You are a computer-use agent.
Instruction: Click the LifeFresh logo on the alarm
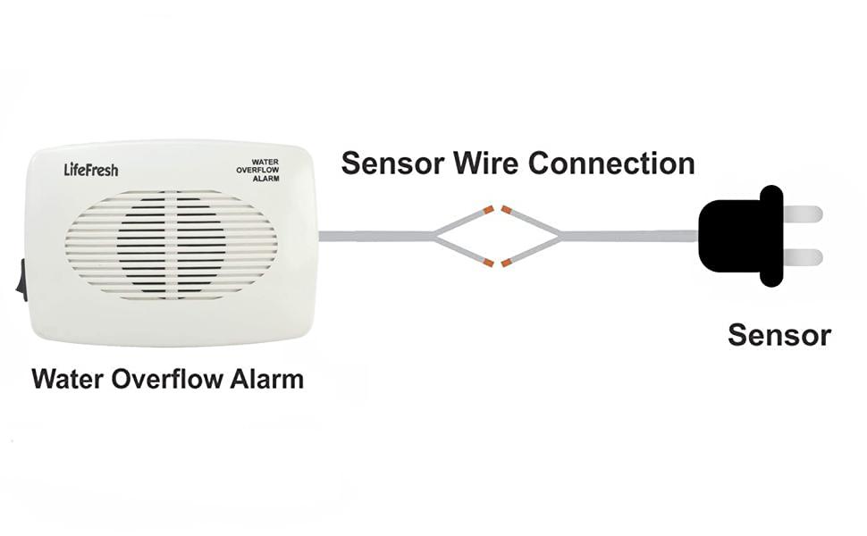click(x=90, y=169)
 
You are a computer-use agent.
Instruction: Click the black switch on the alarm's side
click(x=21, y=278)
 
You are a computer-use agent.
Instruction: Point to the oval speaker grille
click(x=171, y=244)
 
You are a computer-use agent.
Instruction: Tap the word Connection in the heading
click(x=611, y=163)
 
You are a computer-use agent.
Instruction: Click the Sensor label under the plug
click(x=779, y=335)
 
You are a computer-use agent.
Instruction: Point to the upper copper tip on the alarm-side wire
click(x=488, y=211)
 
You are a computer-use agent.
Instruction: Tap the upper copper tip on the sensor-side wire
click(x=507, y=211)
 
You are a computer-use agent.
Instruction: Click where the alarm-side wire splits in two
click(x=436, y=237)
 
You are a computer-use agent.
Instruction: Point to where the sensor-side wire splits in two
click(x=560, y=237)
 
